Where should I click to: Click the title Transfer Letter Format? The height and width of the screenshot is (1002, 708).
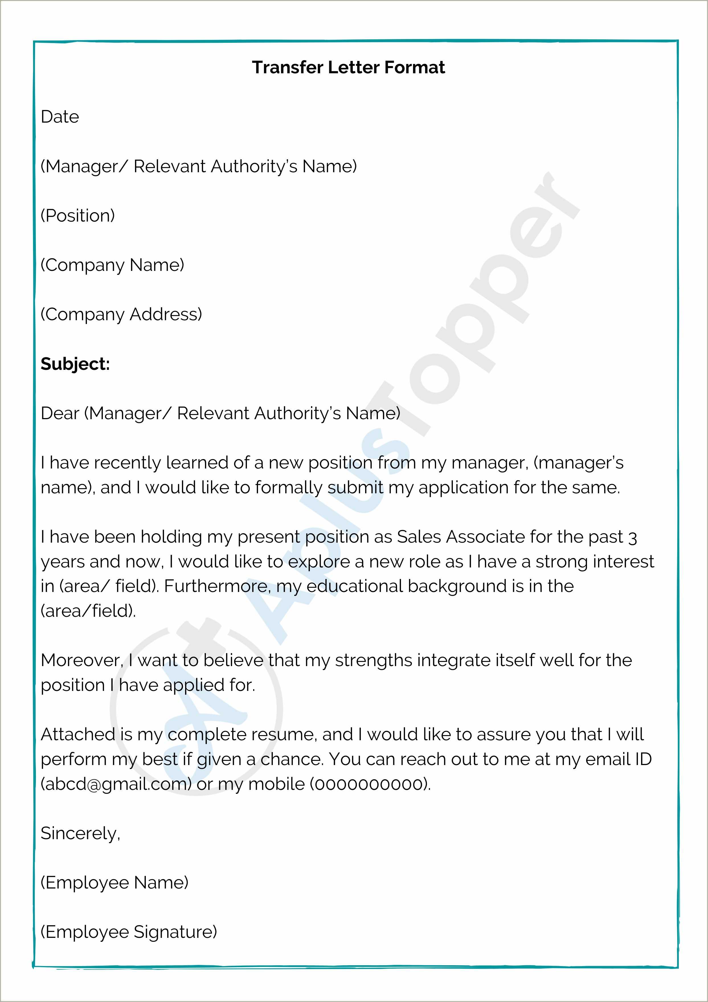pyautogui.click(x=348, y=68)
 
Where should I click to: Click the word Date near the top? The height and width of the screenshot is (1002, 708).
pyautogui.click(x=60, y=117)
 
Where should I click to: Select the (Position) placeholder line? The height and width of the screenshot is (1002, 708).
pyautogui.click(x=77, y=216)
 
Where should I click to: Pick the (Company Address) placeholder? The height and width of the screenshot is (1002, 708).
pyautogui.click(x=121, y=314)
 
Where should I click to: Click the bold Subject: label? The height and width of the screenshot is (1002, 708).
pyautogui.click(x=75, y=364)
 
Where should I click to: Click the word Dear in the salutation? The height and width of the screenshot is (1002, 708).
pyautogui.click(x=60, y=413)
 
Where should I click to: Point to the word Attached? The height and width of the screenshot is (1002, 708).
pyautogui.click(x=77, y=735)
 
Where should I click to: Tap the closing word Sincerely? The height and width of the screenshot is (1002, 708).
pyautogui.click(x=80, y=833)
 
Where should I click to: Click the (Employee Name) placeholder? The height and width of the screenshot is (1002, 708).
pyautogui.click(x=114, y=883)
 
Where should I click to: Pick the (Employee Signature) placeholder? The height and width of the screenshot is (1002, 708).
pyautogui.click(x=129, y=932)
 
